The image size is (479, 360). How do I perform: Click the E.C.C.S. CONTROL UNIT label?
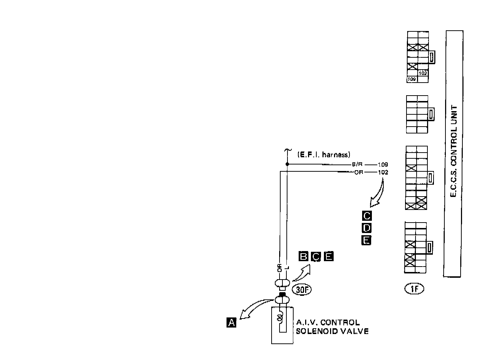[454, 152]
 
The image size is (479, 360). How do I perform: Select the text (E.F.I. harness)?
[324, 155]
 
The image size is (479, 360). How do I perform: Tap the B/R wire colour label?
[356, 164]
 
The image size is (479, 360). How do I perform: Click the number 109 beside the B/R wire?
[383, 164]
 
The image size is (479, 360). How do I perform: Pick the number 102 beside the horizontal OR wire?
[383, 172]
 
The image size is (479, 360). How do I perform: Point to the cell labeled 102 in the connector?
[423, 73]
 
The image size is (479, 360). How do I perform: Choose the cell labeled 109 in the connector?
[412, 79]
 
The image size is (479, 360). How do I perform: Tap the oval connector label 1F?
[414, 289]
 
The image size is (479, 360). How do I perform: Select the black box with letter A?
[231, 322]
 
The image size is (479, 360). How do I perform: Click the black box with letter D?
[366, 228]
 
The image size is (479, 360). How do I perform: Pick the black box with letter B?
[303, 256]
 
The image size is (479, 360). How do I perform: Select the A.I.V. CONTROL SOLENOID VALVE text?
[332, 327]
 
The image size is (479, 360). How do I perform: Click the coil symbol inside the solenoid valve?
[280, 317]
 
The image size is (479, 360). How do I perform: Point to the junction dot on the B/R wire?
[287, 164]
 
